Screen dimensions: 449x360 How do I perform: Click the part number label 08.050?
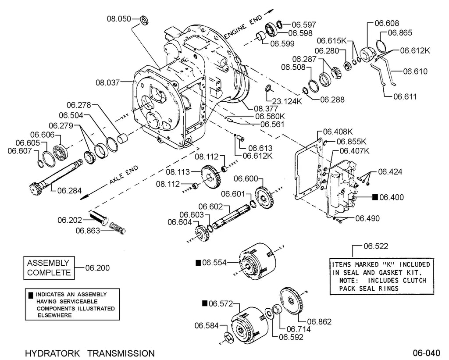(119, 19)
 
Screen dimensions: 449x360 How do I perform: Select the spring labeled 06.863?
(118, 228)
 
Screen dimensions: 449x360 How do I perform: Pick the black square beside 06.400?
(375, 197)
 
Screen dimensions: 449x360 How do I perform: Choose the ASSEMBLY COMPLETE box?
(49, 268)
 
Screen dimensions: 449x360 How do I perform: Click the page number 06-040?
(426, 352)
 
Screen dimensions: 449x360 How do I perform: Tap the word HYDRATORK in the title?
(53, 353)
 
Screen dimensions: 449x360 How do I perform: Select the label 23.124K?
(287, 101)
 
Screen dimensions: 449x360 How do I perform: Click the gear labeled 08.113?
(211, 178)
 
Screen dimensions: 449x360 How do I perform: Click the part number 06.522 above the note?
(376, 246)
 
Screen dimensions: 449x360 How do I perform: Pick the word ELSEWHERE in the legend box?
(54, 315)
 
